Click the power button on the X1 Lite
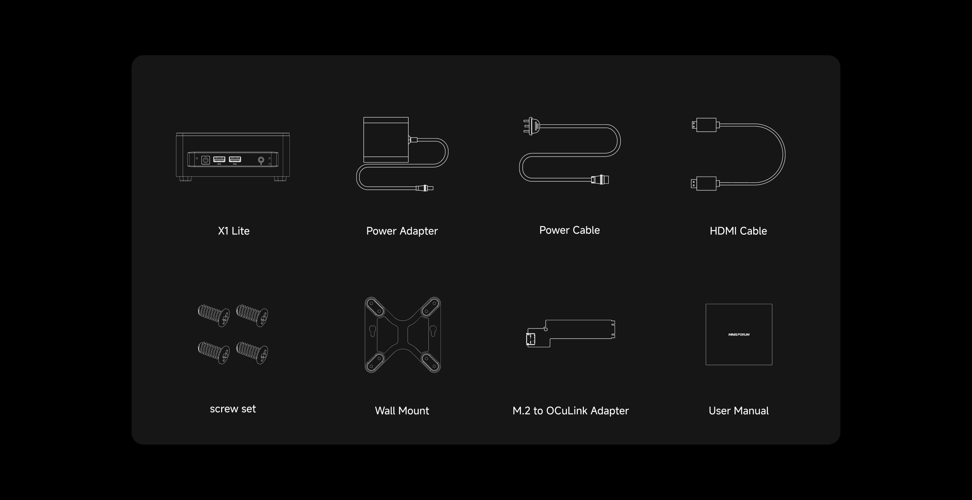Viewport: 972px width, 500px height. [x=205, y=160]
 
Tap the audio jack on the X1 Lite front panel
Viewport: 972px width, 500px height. [x=261, y=160]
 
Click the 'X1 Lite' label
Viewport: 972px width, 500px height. [x=234, y=231]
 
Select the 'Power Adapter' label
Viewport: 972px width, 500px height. [x=402, y=231]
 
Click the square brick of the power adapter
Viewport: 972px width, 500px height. [x=386, y=140]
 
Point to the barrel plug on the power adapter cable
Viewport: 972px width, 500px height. [x=425, y=188]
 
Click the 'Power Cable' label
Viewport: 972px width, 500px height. [x=569, y=230]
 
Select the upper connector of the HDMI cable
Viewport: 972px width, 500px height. [x=704, y=125]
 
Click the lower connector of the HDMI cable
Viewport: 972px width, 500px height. [x=704, y=184]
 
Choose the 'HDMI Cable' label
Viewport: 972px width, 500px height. [x=738, y=231]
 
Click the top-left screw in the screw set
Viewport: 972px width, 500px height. [x=213, y=316]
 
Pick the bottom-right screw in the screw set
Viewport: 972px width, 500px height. [x=252, y=352]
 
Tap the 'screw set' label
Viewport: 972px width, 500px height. [x=233, y=409]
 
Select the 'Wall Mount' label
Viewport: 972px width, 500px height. [x=402, y=410]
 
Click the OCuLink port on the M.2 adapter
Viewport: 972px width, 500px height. [x=531, y=339]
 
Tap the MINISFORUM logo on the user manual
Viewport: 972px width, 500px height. [x=739, y=334]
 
